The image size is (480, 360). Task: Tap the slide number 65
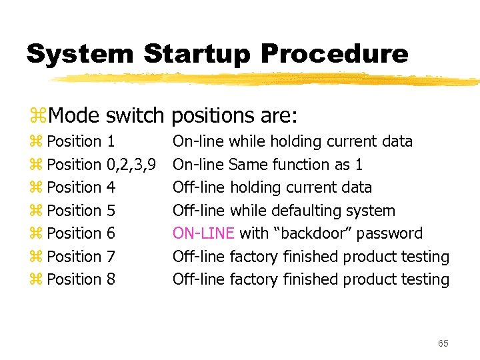coord(443,343)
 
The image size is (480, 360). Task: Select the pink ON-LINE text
coord(203,233)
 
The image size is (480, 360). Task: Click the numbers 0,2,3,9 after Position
coord(131,165)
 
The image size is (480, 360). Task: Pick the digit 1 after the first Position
coord(111,141)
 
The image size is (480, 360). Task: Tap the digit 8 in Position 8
coord(111,279)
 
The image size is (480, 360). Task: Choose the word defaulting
coord(305,211)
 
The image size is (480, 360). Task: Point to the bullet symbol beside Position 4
coord(36,188)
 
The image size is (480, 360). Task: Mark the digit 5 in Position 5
coord(111,211)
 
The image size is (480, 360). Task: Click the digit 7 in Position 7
coord(111,257)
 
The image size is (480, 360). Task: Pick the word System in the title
coord(78,54)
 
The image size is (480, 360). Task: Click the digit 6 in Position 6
coord(111,233)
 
